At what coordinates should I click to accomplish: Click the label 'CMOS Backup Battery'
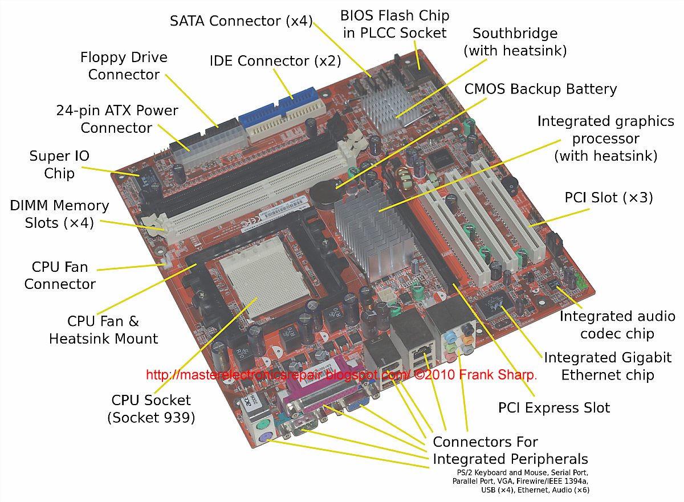coord(540,89)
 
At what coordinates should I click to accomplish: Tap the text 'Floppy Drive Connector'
coord(124,66)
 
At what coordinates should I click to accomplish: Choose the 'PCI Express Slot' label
coord(554,408)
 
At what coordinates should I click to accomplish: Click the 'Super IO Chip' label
coord(59,165)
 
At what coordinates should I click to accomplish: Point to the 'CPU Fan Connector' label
coord(60,275)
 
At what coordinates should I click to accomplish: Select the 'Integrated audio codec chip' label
coord(617,325)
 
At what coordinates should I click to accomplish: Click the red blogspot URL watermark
coord(341,375)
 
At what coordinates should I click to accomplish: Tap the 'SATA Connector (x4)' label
coord(241,22)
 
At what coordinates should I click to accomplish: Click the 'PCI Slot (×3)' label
coord(608,198)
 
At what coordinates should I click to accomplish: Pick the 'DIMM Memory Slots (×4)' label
coord(59,214)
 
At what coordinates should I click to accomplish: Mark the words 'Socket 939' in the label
coord(151,418)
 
